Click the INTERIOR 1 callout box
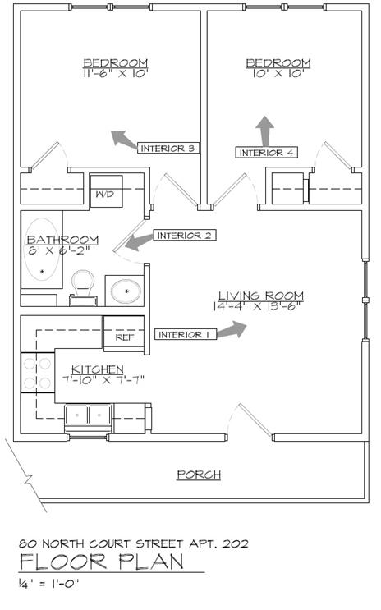186,334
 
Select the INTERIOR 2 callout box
184,235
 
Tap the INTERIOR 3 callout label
168,148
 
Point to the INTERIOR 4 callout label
267,152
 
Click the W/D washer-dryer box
106,191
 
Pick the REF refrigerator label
125,337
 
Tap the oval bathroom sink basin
126,291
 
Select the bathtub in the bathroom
42,250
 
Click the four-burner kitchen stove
37,373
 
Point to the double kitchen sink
89,415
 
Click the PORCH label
199,475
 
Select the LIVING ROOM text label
261,296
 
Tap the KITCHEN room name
97,369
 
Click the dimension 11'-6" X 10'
116,73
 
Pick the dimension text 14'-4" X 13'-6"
258,306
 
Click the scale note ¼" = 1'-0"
49,583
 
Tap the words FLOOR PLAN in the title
102,562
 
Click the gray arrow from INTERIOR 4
265,131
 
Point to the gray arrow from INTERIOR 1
232,330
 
